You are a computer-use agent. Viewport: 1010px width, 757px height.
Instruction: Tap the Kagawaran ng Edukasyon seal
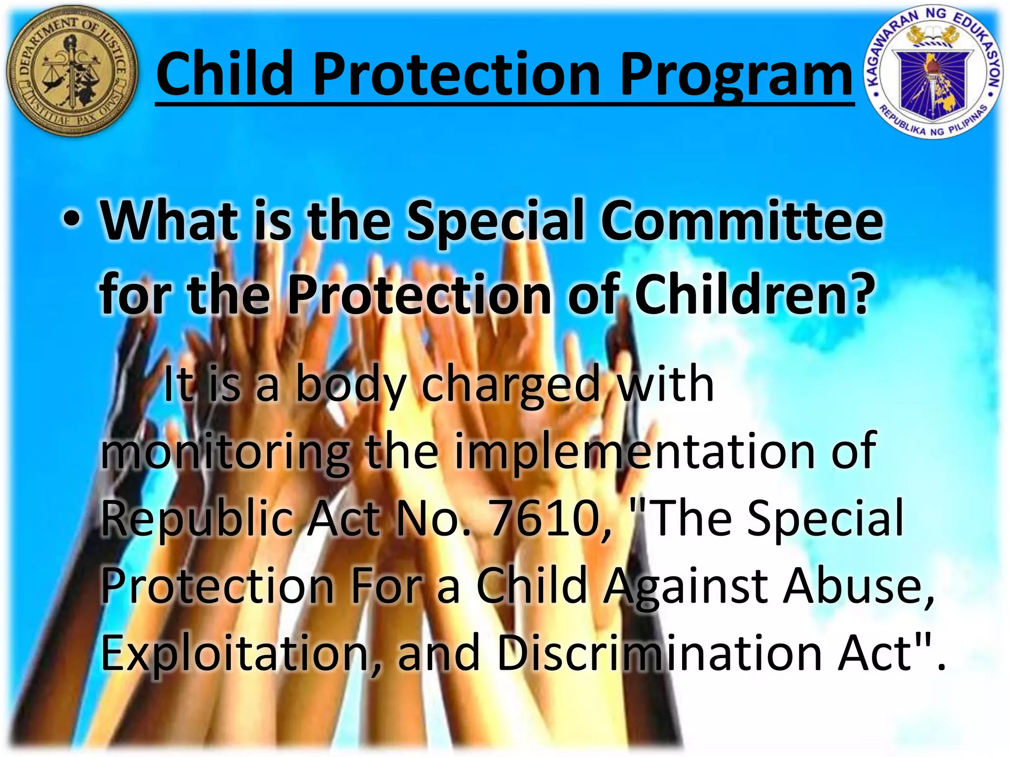[934, 74]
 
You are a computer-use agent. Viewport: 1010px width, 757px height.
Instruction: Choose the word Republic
[197, 517]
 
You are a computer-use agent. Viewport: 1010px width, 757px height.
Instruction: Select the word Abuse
[858, 585]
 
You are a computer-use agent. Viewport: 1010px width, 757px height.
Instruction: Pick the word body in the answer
[351, 384]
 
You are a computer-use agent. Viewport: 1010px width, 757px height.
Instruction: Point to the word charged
[510, 384]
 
